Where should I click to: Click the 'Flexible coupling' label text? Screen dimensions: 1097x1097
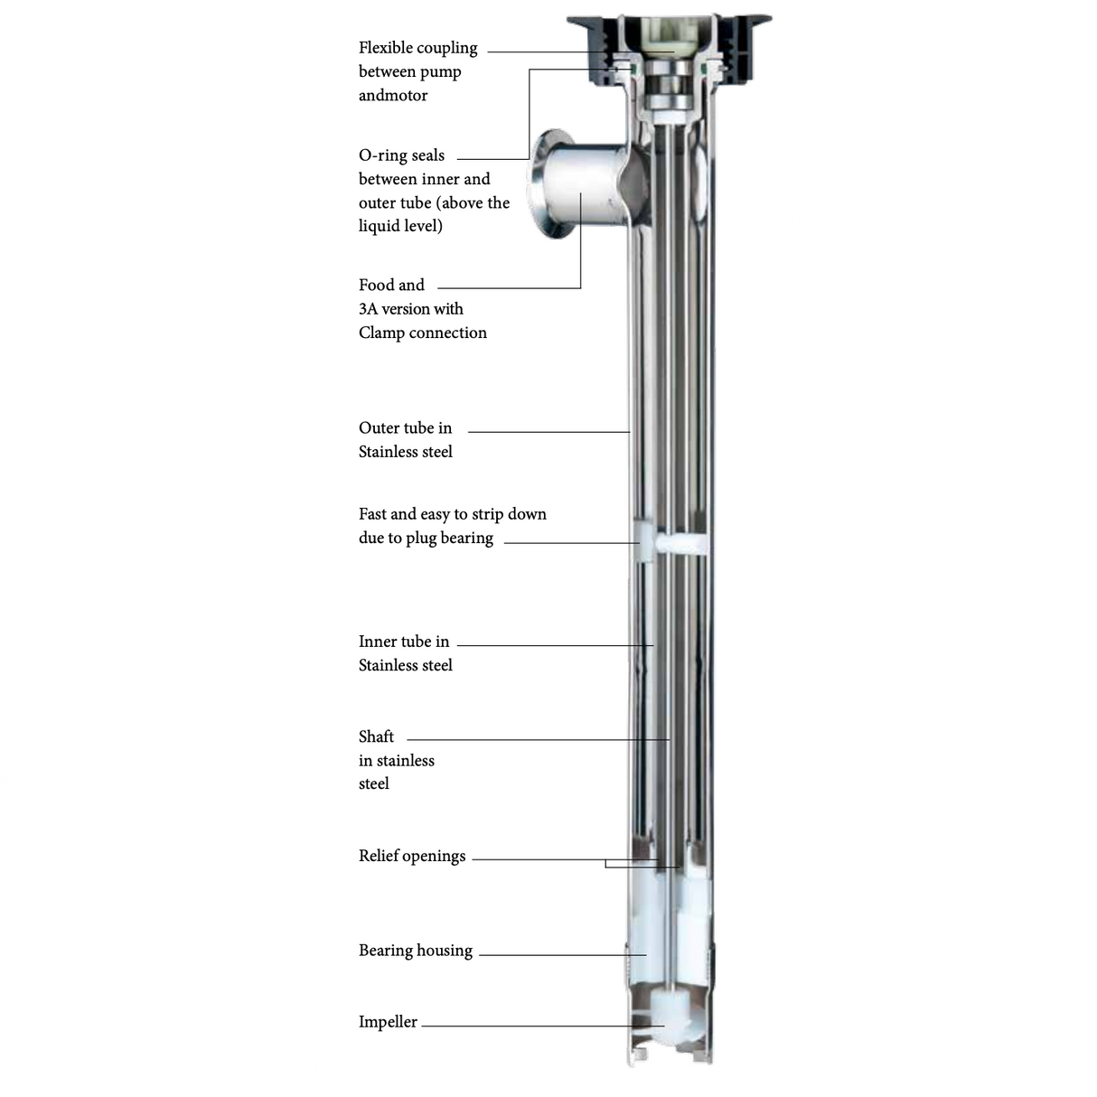point(417,48)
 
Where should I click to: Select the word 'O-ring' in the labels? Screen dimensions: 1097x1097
point(384,155)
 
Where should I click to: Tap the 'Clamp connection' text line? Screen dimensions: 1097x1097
point(422,333)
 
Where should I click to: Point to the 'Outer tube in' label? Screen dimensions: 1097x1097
point(405,428)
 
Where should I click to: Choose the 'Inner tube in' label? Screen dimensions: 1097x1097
point(403,642)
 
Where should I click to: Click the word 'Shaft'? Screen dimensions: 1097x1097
point(376,736)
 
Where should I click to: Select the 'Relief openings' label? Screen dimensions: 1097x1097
point(412,856)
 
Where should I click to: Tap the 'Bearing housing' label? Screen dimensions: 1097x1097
point(415,951)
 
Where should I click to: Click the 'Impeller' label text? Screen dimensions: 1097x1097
point(388,1022)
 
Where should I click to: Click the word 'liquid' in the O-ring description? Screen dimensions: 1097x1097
point(379,226)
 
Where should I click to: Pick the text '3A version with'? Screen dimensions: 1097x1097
point(410,309)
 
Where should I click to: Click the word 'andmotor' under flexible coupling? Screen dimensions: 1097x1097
point(393,96)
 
